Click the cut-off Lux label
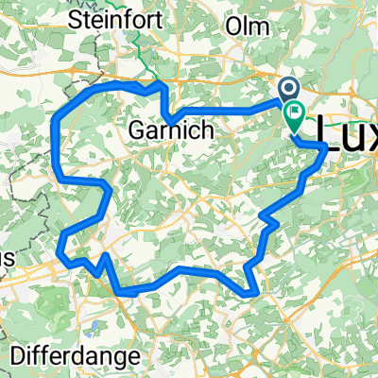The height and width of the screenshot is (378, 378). pyautogui.click(x=344, y=129)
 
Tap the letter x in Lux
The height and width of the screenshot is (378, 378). pyautogui.click(x=367, y=129)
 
